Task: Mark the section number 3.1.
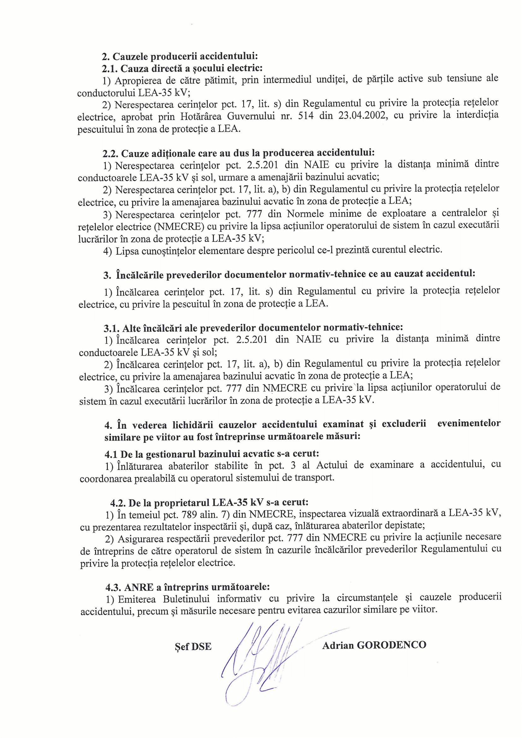[x=111, y=328]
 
